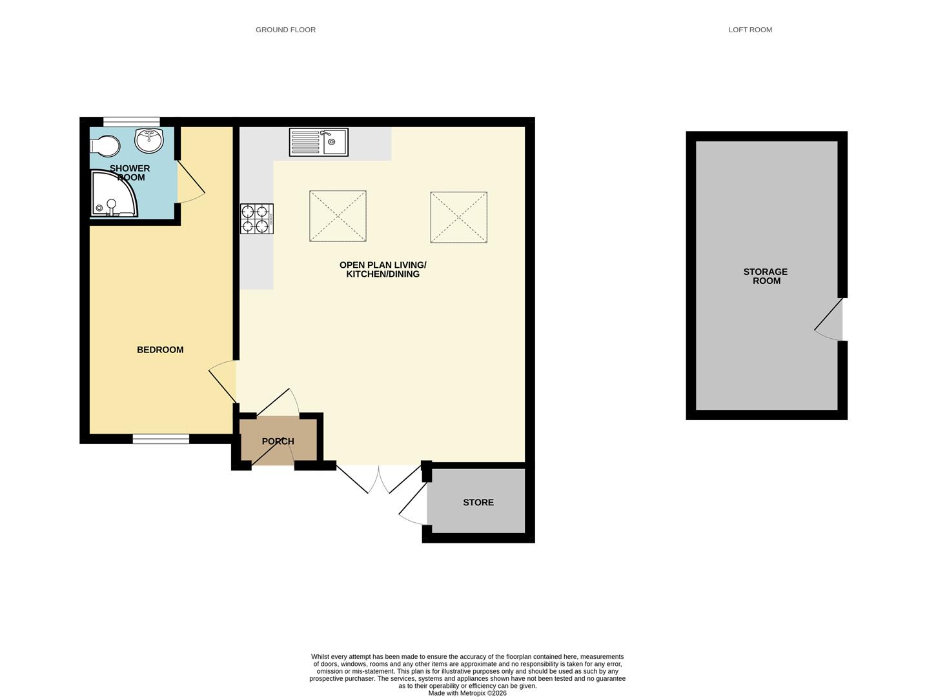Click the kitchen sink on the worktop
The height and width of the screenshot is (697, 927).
tap(319, 142)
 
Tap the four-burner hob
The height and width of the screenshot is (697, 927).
tap(256, 219)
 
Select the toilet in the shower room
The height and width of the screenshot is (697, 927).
tap(105, 146)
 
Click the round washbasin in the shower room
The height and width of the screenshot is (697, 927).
tap(150, 139)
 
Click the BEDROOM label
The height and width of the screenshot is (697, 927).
tap(160, 350)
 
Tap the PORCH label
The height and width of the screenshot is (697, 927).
tap(278, 441)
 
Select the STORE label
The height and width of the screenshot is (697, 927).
tap(478, 502)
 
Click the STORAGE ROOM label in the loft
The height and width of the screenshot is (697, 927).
tap(766, 276)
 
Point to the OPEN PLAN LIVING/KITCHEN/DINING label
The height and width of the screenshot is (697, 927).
tap(383, 270)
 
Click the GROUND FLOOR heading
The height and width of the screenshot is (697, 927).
tap(285, 30)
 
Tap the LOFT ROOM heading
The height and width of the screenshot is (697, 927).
tap(750, 30)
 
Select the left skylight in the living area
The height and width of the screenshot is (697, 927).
tap(338, 216)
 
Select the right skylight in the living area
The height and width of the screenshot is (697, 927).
tap(459, 217)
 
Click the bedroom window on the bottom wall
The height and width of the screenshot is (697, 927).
tap(161, 439)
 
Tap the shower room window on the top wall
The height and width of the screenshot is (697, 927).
tap(131, 121)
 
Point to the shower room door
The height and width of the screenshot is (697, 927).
tap(191, 182)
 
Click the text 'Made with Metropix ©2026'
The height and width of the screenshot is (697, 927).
tap(467, 693)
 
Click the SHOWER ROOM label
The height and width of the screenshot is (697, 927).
tap(130, 173)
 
